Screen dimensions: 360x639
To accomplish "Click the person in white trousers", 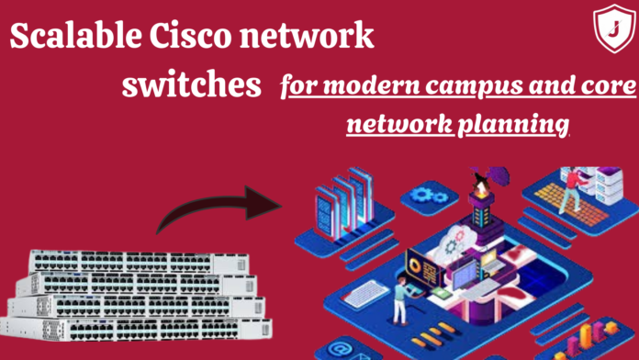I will (401, 304).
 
